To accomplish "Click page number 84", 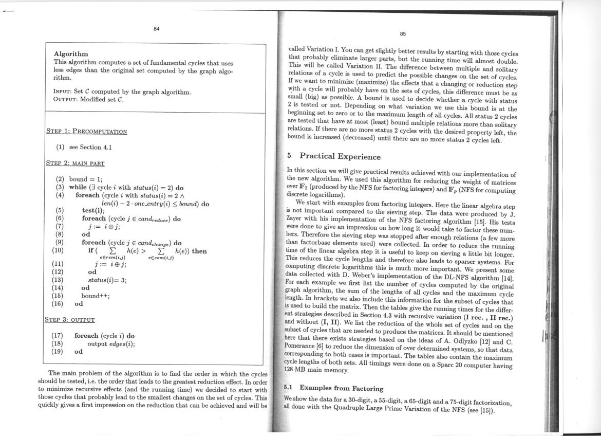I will pyautogui.click(x=156, y=29).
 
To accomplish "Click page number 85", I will pyautogui.click(x=403, y=34).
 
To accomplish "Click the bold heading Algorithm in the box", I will pyautogui.click(x=71, y=54).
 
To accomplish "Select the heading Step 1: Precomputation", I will pyautogui.click(x=86, y=131).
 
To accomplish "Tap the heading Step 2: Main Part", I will pyautogui.click(x=75, y=164).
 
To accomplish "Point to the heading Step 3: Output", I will pyautogui.click(x=70, y=320).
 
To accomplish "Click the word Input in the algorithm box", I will pyautogui.click(x=63, y=93).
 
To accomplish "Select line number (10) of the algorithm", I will pyautogui.click(x=58, y=251).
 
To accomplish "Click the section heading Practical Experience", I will pyautogui.click(x=340, y=156).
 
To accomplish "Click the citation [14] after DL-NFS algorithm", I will pyautogui.click(x=508, y=278).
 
